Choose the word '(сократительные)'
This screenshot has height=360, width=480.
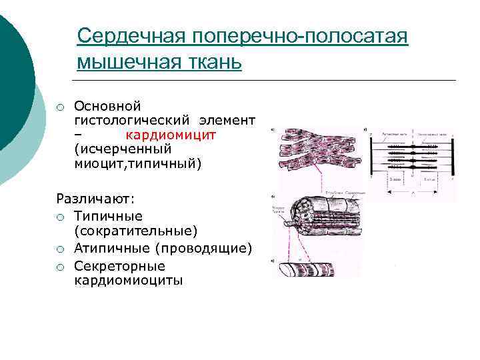(x=136, y=231)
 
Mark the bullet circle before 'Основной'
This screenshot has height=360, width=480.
(x=60, y=106)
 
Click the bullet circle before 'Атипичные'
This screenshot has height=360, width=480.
(x=60, y=249)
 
